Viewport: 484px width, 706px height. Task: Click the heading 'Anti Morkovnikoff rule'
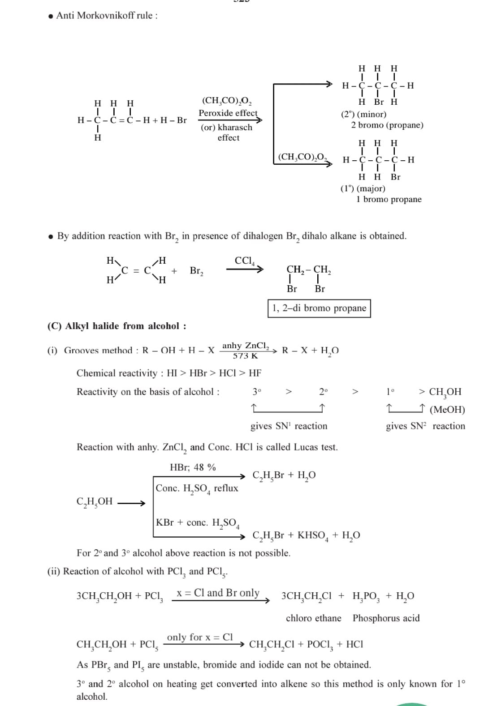coord(107,16)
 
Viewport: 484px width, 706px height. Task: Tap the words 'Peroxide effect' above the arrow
coord(228,113)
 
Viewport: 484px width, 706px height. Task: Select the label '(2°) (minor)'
coord(363,114)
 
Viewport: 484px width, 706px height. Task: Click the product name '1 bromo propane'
coord(389,199)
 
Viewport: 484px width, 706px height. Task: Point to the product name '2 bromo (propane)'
coord(387,125)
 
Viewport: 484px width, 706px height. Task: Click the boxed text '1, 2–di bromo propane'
coord(319,308)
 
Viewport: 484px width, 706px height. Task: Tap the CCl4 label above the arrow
coord(245,261)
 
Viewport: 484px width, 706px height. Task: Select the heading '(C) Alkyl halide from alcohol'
coord(117,326)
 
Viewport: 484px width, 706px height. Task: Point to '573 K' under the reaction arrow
coord(245,356)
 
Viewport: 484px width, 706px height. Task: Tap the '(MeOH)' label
coord(447,410)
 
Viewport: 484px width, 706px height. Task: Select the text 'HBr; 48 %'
coord(193,467)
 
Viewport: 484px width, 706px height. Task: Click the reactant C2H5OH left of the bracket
coord(95,502)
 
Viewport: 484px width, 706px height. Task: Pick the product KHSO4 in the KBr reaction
coord(313,535)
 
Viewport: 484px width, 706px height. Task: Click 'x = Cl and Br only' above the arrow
coord(218,593)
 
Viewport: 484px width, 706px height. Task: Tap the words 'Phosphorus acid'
coord(386,618)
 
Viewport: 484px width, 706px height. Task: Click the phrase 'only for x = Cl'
coord(200,637)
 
